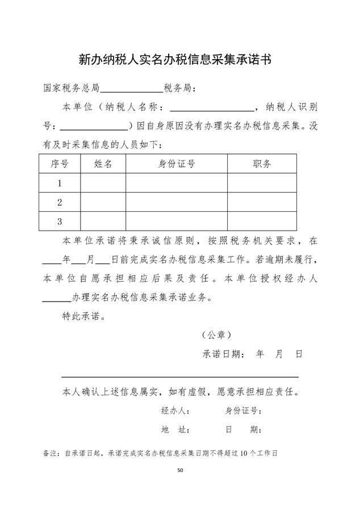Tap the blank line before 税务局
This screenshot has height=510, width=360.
(x=131, y=90)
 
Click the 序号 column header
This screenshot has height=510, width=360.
(x=60, y=164)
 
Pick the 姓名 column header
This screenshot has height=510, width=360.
(x=103, y=164)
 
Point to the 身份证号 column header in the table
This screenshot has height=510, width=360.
(x=177, y=164)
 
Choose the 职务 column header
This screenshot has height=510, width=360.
(x=262, y=164)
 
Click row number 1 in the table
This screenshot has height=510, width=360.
(x=60, y=183)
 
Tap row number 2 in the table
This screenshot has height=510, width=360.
(x=60, y=202)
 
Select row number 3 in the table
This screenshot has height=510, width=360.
(x=60, y=221)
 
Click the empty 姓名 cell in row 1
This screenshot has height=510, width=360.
(x=103, y=183)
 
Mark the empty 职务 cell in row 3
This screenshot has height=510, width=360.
(x=262, y=221)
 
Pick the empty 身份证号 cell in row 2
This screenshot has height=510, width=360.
(x=177, y=202)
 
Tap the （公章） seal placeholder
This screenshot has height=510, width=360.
(x=216, y=335)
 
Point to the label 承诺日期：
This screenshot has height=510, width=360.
(x=224, y=354)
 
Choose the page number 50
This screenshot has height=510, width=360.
(x=180, y=470)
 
